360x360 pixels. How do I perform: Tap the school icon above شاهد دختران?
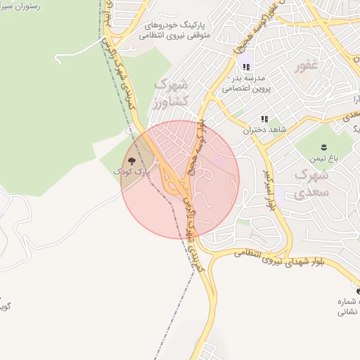pyautogui.click(x=265, y=120)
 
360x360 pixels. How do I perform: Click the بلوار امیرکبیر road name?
pyautogui.click(x=268, y=190)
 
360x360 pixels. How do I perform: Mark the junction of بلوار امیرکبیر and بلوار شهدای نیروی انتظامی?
pyautogui.click(x=289, y=250)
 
